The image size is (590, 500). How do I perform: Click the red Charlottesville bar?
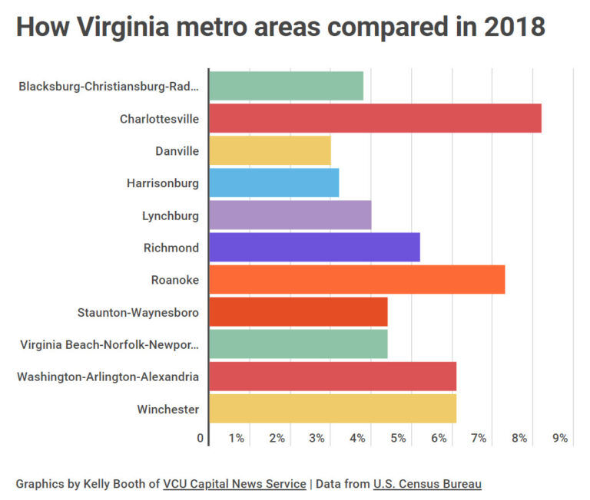[375, 118]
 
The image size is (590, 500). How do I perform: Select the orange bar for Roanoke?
[356, 280]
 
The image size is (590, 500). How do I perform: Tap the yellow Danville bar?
[270, 151]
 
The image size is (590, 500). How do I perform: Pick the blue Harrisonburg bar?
[273, 183]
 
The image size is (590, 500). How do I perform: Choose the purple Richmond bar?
[314, 248]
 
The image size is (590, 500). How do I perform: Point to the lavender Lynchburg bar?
[290, 215]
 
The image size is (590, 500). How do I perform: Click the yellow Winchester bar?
[333, 409]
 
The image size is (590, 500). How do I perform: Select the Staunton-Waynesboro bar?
[298, 312]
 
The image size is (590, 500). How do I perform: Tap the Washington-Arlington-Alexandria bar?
[333, 377]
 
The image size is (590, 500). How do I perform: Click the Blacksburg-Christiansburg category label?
[108, 87]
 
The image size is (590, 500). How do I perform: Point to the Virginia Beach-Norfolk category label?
[109, 344]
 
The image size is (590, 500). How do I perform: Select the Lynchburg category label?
[170, 215]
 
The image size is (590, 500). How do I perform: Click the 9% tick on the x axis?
[559, 439]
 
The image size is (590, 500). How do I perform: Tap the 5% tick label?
[398, 439]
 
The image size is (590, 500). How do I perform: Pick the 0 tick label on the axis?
[201, 439]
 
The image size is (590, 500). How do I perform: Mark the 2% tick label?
[277, 439]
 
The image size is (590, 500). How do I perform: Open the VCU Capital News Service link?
[234, 484]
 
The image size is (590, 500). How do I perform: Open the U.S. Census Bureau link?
[427, 484]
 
